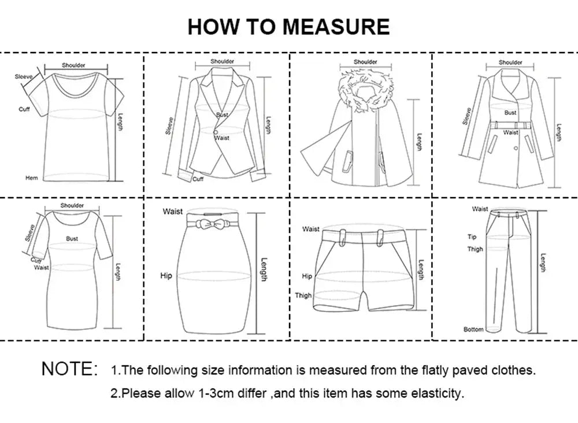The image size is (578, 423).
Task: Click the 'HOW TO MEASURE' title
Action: point(288,27)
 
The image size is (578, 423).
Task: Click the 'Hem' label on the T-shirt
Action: point(31,178)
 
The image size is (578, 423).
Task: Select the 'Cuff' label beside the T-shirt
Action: point(24,109)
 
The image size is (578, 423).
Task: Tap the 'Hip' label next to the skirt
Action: point(166,276)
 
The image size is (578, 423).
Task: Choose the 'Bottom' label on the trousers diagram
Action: point(473,329)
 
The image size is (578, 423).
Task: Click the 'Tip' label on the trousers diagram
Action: point(472,237)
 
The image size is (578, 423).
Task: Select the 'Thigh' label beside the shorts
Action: point(303,295)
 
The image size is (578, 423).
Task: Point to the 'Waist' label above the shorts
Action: point(310,229)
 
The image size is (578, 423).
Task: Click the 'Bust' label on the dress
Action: point(72,238)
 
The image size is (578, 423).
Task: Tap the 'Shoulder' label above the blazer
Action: point(222,61)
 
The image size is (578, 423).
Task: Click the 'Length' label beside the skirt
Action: point(264,269)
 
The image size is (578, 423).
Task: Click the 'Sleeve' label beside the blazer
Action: point(169,125)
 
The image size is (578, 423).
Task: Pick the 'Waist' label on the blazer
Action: point(222,138)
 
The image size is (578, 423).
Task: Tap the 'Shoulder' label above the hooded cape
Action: point(365,62)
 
